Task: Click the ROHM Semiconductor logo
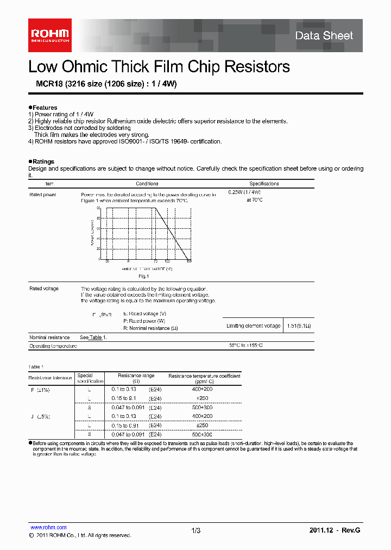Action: [49, 35]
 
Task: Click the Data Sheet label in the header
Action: [324, 36]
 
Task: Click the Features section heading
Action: [44, 108]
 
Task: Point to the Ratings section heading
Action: [43, 161]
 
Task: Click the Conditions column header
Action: [147, 184]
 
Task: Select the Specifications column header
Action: [264, 184]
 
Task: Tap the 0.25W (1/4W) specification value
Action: [244, 192]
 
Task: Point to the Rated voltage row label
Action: [43, 289]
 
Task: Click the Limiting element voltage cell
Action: [253, 326]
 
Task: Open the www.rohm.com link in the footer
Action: [48, 527]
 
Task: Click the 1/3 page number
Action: [195, 530]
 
